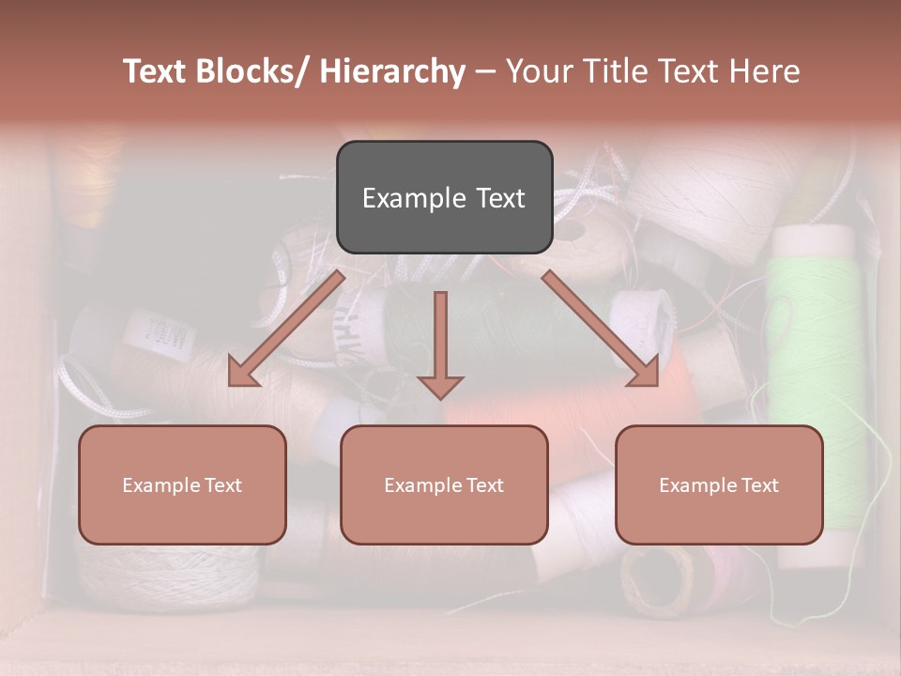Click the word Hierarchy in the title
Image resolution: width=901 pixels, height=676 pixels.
click(x=392, y=71)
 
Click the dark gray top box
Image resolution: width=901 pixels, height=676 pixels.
click(x=444, y=197)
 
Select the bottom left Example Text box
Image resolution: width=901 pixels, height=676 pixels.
click(x=182, y=484)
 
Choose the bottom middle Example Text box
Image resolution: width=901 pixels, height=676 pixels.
click(x=444, y=484)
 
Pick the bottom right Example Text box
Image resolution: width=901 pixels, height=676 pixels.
click(x=719, y=484)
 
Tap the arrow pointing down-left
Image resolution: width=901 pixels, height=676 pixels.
click(x=285, y=330)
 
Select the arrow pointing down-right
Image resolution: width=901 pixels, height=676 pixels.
click(x=602, y=329)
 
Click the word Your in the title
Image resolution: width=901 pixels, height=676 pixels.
click(x=536, y=71)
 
